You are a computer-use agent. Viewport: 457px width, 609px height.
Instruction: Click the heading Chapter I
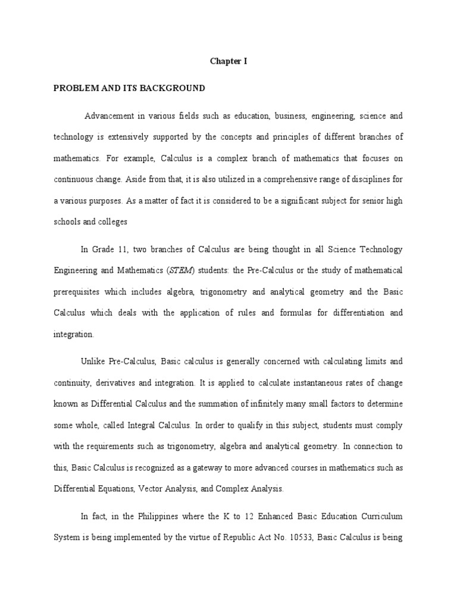point(228,61)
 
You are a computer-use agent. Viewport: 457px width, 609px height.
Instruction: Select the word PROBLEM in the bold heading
point(73,88)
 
